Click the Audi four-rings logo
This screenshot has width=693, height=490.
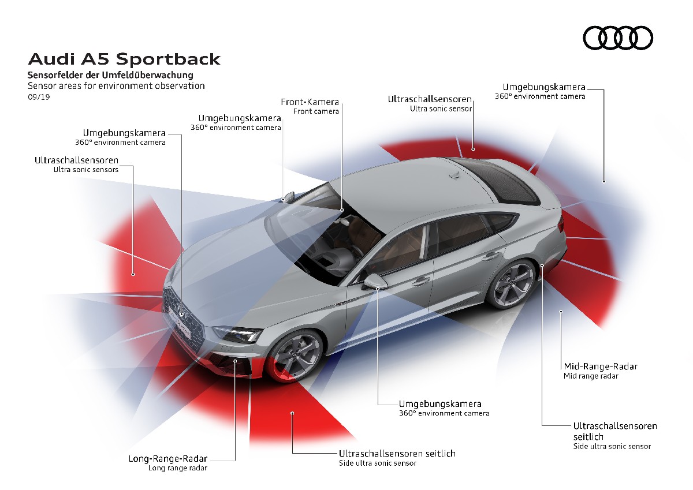coord(618,39)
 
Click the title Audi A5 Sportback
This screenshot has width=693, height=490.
coord(124,59)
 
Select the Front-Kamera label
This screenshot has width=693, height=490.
coord(310,102)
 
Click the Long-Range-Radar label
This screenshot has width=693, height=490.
coord(168,459)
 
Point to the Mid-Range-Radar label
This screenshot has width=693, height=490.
coord(601,366)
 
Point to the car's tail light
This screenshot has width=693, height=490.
coord(561,223)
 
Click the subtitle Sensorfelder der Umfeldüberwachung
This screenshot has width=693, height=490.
coord(110,75)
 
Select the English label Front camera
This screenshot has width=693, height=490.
coord(316,111)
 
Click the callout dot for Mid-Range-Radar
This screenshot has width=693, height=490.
coord(561,312)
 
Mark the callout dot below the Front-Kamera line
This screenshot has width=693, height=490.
coord(342,210)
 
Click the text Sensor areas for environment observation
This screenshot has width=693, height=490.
coord(116,86)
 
